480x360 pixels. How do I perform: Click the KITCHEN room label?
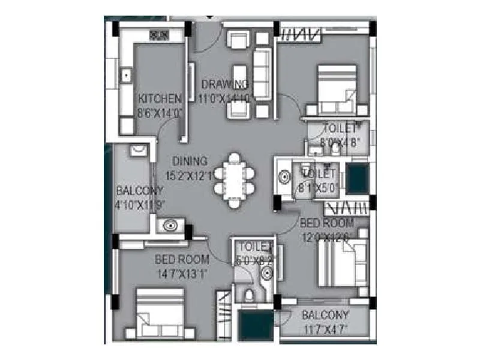160,98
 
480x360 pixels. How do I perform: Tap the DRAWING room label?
224,83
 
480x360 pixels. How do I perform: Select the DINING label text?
190,161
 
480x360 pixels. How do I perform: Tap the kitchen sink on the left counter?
127,76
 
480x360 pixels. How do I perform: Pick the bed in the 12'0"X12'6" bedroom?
341,264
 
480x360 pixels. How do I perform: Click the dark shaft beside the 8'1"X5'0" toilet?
358,178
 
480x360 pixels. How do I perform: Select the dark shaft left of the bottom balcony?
257,326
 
